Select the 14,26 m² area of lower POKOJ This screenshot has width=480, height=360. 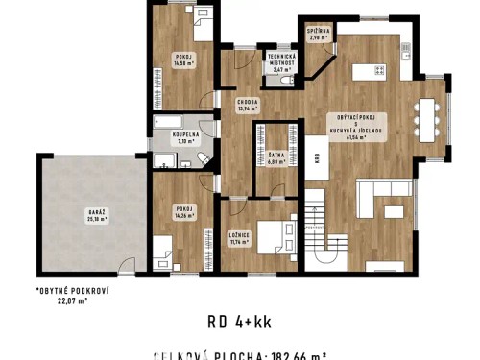(x=184, y=216)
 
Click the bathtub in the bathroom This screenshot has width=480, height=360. (x=170, y=121)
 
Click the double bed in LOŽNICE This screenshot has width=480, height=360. (x=273, y=234)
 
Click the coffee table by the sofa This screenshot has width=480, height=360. (x=396, y=209)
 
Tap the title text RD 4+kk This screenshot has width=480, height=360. (x=240, y=322)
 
